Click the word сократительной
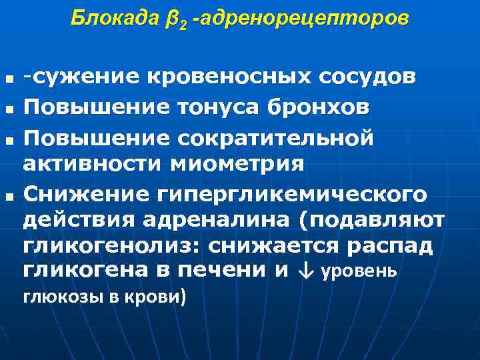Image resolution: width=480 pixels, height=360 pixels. [x=279, y=135]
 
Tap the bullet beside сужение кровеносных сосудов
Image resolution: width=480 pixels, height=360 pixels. [x=9, y=81]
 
